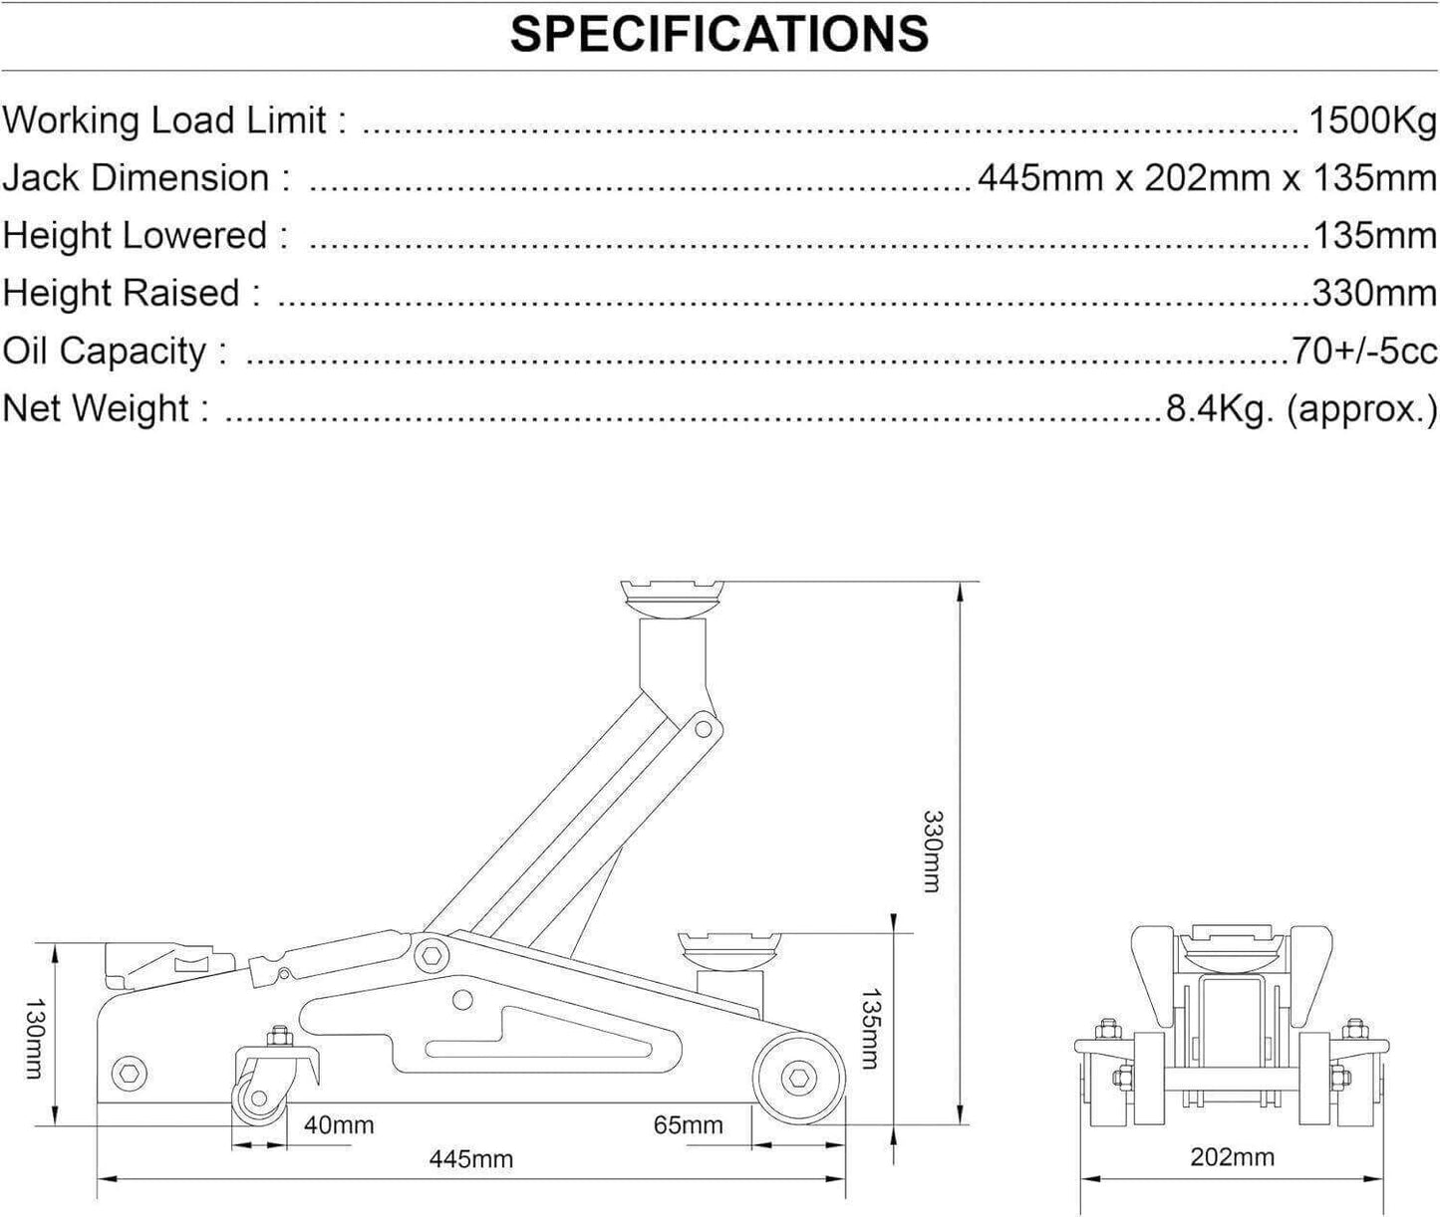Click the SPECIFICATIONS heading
click(x=720, y=35)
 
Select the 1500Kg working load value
click(x=1371, y=121)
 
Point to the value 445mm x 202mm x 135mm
click(x=1207, y=178)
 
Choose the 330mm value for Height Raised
click(x=1374, y=294)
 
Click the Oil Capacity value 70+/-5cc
click(x=1363, y=351)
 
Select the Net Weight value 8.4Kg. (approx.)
click(x=1301, y=408)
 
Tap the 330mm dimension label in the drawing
click(x=931, y=852)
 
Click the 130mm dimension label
click(x=34, y=1040)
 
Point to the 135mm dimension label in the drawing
click(x=869, y=1029)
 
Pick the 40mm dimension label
click(x=339, y=1125)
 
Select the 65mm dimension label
click(x=688, y=1125)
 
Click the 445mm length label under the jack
click(x=470, y=1159)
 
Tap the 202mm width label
click(x=1232, y=1157)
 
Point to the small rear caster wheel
click(x=259, y=1098)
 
